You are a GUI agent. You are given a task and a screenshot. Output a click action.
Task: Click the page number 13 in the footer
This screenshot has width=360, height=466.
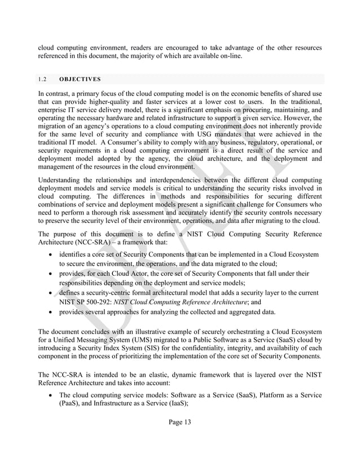click(187, 423)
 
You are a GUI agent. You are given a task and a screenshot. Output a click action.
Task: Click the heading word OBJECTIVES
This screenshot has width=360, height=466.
click(82, 79)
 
